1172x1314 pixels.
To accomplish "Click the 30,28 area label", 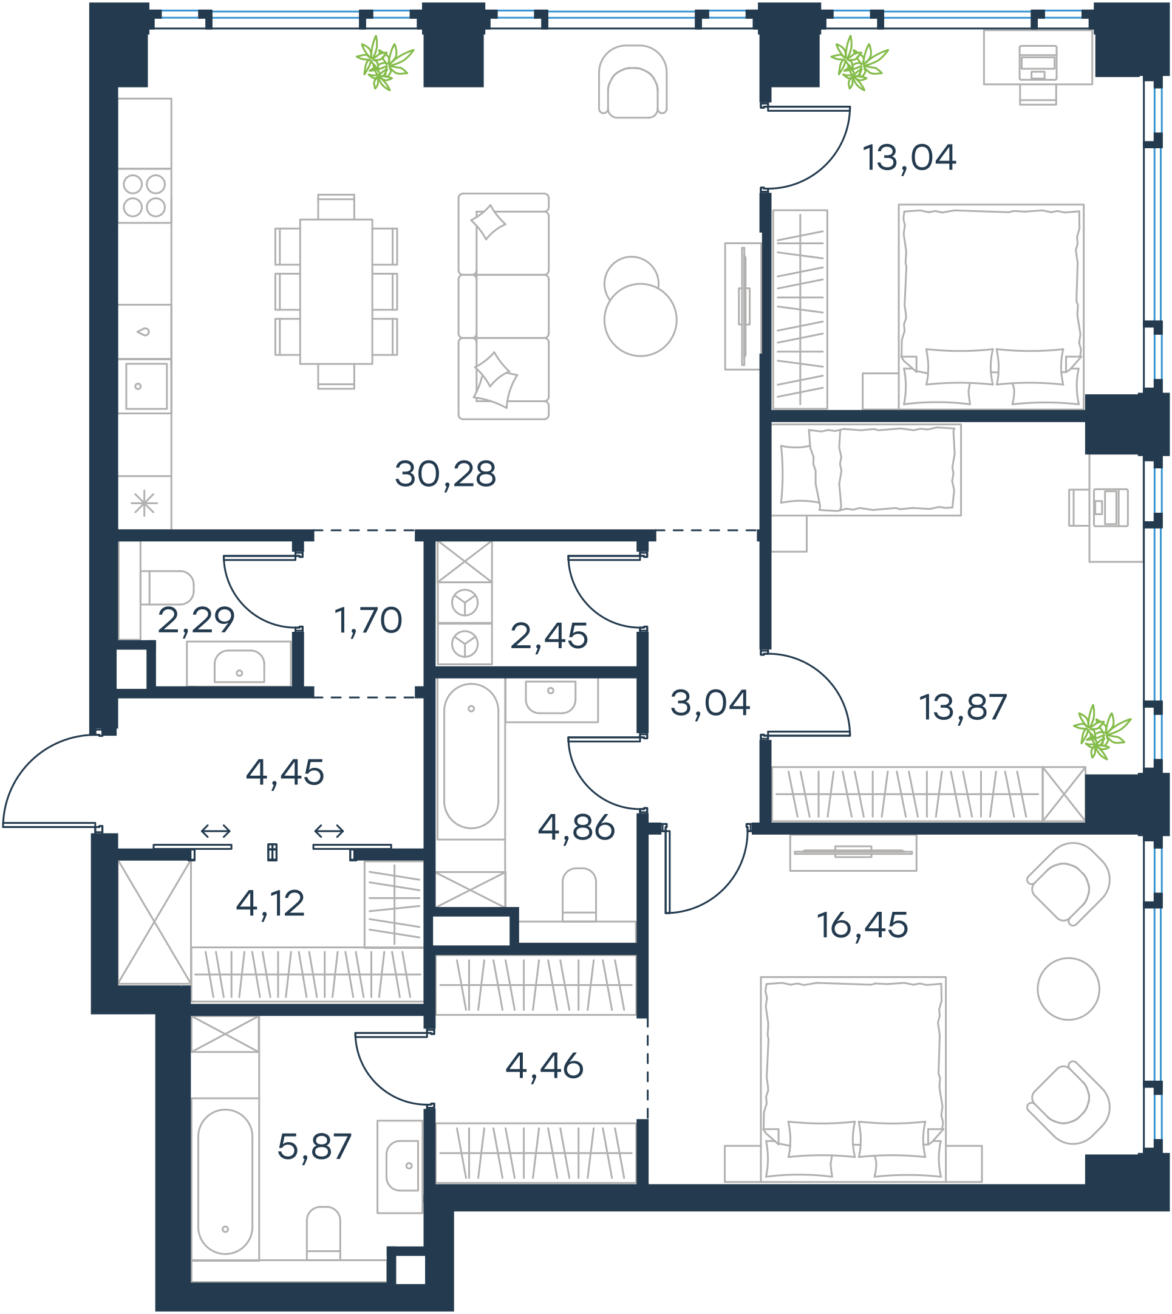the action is [446, 474].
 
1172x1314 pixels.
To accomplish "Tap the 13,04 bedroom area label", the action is [909, 158].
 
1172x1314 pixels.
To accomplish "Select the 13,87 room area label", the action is [962, 707].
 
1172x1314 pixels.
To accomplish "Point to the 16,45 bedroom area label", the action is [862, 925].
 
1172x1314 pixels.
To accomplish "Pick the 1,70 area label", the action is [368, 620].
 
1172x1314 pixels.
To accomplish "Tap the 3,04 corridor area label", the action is [710, 703].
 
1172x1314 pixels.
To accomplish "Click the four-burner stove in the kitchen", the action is [145, 196].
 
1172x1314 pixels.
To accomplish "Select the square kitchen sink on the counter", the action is [146, 386].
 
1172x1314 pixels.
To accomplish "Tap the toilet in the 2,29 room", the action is [168, 587].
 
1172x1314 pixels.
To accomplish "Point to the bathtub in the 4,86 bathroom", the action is [471, 756].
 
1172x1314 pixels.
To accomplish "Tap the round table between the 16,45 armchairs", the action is [1068, 989].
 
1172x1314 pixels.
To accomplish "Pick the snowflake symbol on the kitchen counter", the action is [145, 503].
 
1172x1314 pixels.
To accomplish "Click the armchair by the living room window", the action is [632, 81].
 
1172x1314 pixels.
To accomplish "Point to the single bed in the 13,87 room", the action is [867, 470].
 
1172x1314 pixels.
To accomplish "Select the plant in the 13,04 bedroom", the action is [859, 63].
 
